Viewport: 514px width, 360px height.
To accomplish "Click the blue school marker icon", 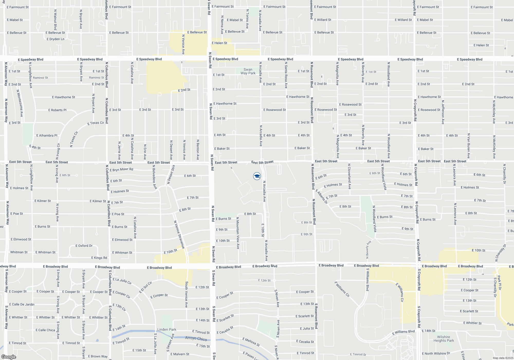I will pyautogui.click(x=257, y=176).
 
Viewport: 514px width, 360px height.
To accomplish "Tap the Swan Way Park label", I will pyautogui.click(x=248, y=71).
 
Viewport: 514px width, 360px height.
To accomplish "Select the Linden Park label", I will pyautogui.click(x=167, y=329).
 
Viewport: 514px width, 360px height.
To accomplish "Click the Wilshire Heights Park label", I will pyautogui.click(x=444, y=339).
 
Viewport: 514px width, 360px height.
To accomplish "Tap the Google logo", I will pyautogui.click(x=8, y=357).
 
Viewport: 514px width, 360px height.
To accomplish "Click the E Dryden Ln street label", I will pyautogui.click(x=56, y=39).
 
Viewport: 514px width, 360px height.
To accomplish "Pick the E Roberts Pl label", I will pyautogui.click(x=57, y=110).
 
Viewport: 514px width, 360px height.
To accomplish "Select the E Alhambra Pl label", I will pyautogui.click(x=47, y=136).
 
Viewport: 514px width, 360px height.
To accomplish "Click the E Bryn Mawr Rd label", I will pyautogui.click(x=121, y=169).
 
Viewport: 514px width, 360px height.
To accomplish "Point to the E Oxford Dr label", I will pyautogui.click(x=84, y=246).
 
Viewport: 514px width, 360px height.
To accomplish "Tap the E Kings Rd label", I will pyautogui.click(x=99, y=258).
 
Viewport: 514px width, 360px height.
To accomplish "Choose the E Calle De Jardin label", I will pyautogui.click(x=22, y=304).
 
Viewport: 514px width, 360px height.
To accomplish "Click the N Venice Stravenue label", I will pyautogui.click(x=179, y=234).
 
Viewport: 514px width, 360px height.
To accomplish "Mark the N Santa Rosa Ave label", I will pyautogui.click(x=286, y=75).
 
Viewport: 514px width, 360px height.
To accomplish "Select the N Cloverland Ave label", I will pyautogui.click(x=349, y=176).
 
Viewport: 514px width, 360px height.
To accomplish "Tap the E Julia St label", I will pyautogui.click(x=307, y=328).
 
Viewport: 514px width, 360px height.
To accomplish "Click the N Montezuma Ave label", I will pyautogui.click(x=20, y=103).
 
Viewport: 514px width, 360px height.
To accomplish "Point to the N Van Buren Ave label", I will pyautogui.click(x=469, y=146).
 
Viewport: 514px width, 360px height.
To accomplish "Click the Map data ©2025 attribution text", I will pyautogui.click(x=503, y=358).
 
